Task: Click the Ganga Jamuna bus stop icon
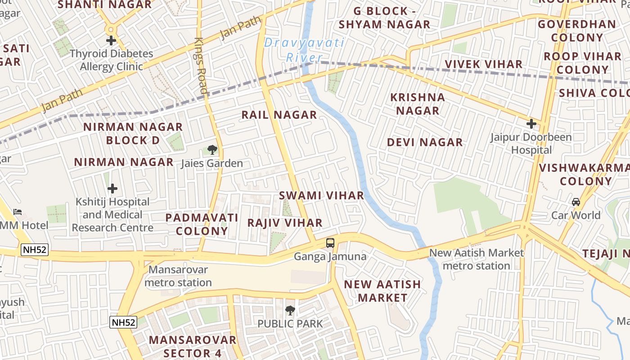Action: tap(330, 243)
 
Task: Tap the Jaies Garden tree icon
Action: tap(212, 149)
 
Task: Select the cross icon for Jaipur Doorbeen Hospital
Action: tap(531, 123)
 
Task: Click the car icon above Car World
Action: tap(576, 202)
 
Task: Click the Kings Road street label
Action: tap(201, 65)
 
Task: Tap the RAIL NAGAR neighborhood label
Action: tap(279, 115)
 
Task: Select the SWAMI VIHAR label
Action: tap(321, 195)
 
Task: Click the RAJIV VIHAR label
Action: tap(285, 223)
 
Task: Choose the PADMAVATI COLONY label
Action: tap(202, 224)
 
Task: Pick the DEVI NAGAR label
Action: tap(425, 142)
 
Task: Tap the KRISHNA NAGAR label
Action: tap(417, 103)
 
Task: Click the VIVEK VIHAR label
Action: tap(484, 64)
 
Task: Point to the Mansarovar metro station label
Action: tap(178, 276)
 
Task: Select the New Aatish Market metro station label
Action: tap(477, 259)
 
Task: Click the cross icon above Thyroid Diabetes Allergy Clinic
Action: tap(111, 40)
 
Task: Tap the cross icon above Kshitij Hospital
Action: tap(112, 189)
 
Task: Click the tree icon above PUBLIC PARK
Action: tap(290, 310)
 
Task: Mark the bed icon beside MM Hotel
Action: tap(18, 211)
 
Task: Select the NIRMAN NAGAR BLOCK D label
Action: tap(133, 133)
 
